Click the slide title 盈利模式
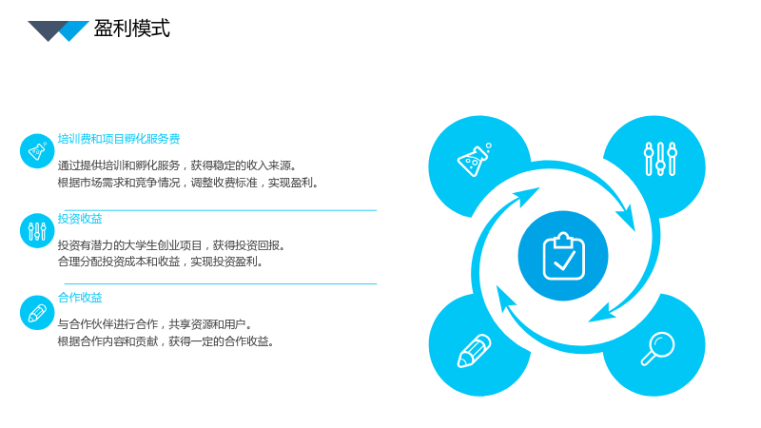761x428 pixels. [131, 29]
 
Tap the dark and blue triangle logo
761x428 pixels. [58, 31]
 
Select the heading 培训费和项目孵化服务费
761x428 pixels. [119, 139]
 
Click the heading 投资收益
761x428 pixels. [80, 219]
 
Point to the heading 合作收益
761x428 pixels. [80, 298]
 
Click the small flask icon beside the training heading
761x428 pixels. [37, 151]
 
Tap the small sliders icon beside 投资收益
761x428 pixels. [37, 231]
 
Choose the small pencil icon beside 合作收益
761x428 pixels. [37, 313]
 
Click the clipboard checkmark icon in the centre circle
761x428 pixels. [563, 256]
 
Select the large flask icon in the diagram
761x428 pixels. [474, 160]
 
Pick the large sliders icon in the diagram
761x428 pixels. [660, 159]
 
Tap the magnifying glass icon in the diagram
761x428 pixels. [657, 348]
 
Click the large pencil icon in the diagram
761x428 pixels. [474, 350]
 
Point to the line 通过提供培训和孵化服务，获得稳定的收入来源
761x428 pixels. [177, 165]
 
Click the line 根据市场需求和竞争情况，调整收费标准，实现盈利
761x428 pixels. [187, 183]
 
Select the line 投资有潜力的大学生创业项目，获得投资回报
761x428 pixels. [171, 245]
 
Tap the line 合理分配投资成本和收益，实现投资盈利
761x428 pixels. [161, 263]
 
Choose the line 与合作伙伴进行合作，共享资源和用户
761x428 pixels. [155, 324]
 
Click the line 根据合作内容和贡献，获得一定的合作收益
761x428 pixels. [166, 341]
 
